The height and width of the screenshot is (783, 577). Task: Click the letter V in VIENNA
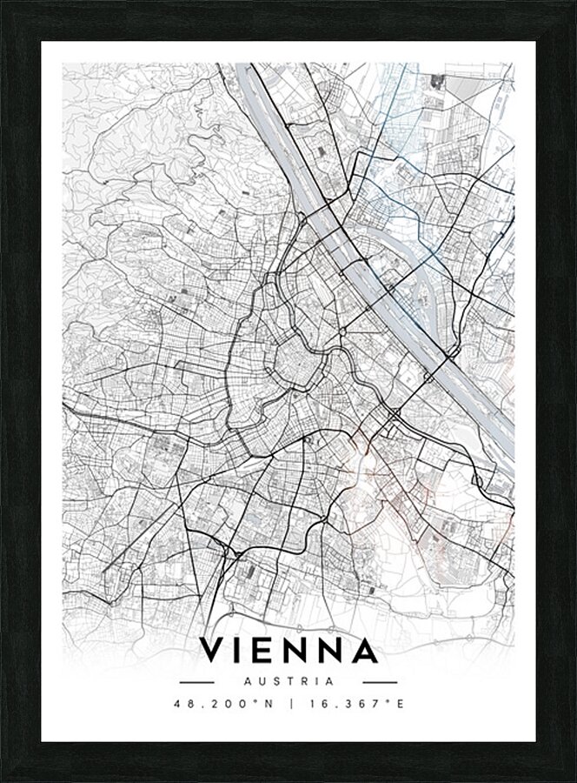(x=214, y=651)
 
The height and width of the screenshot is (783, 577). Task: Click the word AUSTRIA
(x=288, y=681)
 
